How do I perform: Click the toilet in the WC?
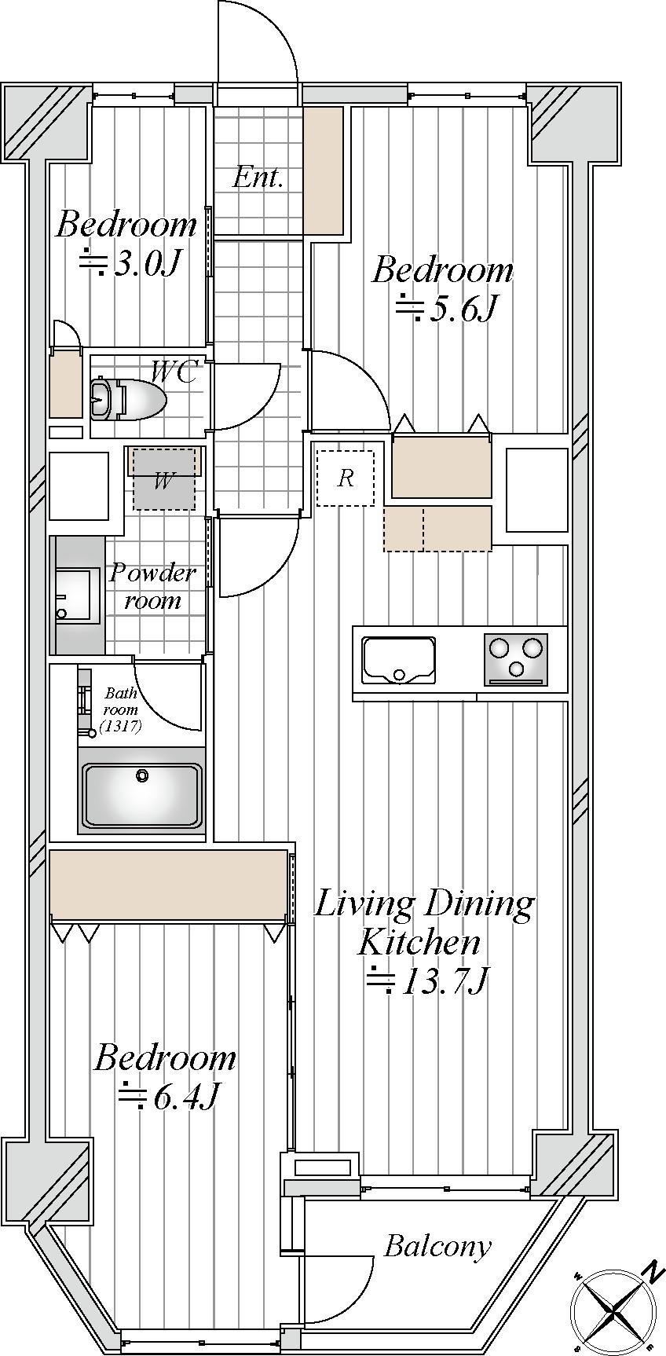click(x=128, y=399)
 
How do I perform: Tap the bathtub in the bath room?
click(x=141, y=794)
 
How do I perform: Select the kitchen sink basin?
click(x=398, y=660)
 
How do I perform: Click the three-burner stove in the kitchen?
click(x=516, y=658)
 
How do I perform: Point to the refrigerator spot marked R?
click(x=346, y=478)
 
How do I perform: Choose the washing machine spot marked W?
click(x=163, y=480)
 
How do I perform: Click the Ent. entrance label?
click(x=258, y=178)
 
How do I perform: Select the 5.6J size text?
click(x=445, y=309)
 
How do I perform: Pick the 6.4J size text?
click(x=167, y=1096)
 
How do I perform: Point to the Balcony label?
click(x=437, y=1246)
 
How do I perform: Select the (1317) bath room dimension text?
click(x=121, y=726)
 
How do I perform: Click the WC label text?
click(x=174, y=372)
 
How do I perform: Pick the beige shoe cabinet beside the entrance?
click(x=324, y=170)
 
